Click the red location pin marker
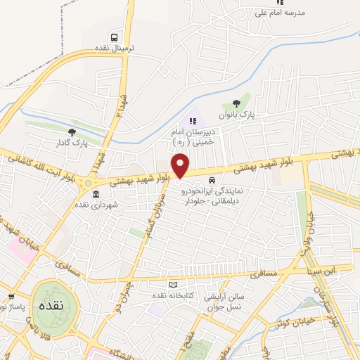coord(181,165)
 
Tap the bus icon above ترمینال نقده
coord(114,37)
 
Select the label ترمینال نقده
coord(114,49)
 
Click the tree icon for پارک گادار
coord(72,131)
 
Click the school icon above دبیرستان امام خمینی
coord(193,121)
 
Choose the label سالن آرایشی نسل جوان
coord(223,302)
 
